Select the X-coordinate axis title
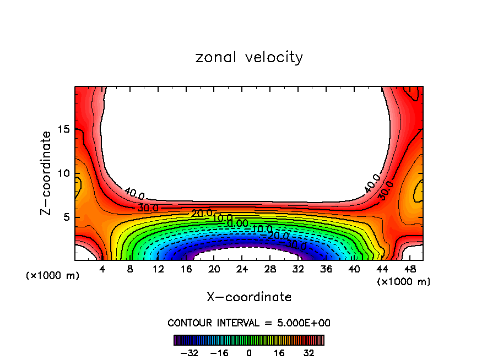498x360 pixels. tap(249, 297)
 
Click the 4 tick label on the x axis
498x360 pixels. tap(102, 269)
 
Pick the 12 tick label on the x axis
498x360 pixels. tap(159, 269)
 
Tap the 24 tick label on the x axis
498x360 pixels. tap(242, 269)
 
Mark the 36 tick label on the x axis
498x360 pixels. tap(327, 269)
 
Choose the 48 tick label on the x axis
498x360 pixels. tap(410, 269)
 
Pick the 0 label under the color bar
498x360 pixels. tap(249, 353)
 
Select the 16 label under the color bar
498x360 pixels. tap(279, 353)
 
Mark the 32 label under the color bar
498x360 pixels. tap(308, 353)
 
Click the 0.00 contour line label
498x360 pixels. tap(238, 223)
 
